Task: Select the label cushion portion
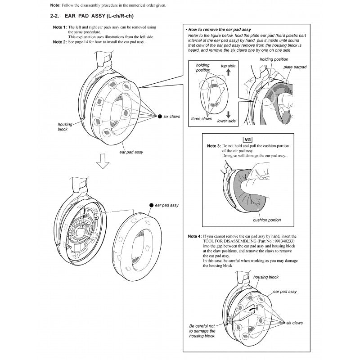click(267, 220)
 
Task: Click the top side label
click(228, 66)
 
